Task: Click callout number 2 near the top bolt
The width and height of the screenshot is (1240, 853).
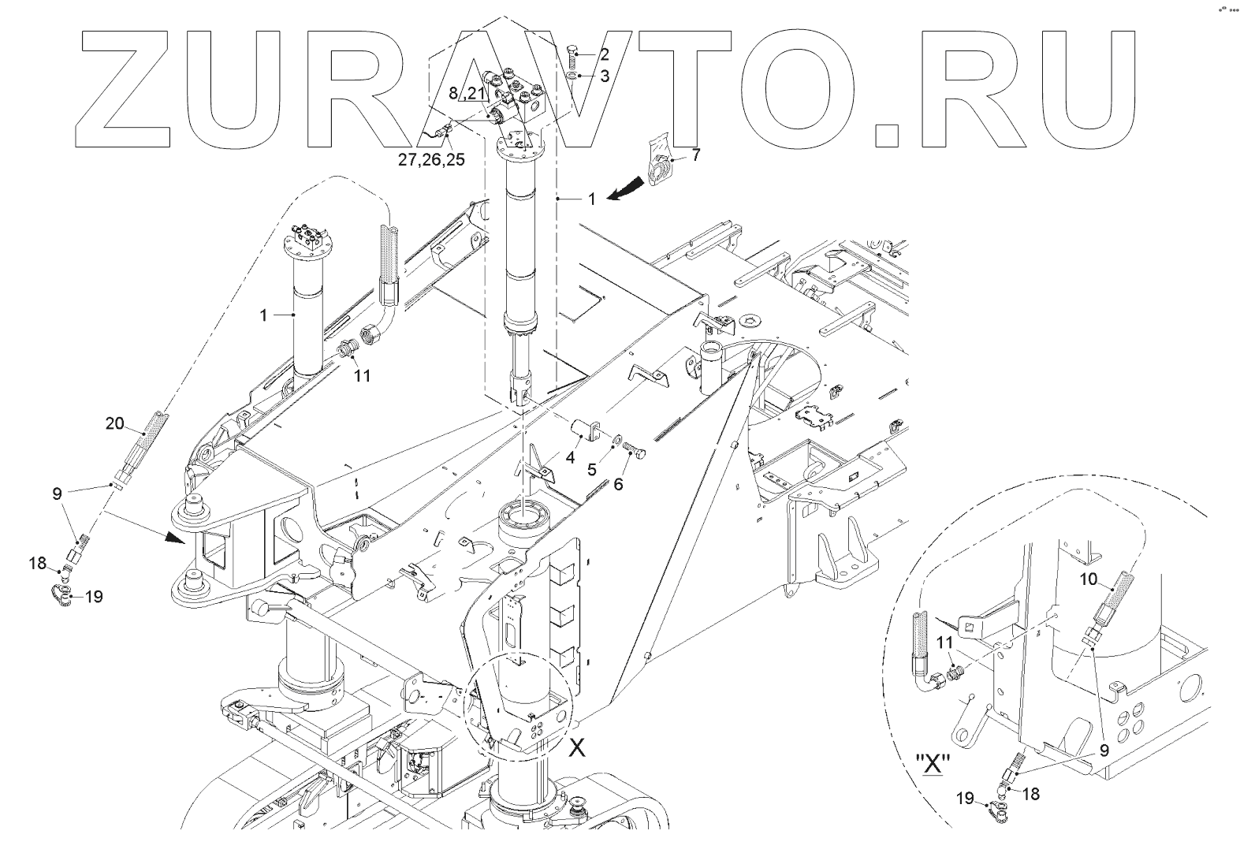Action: (605, 54)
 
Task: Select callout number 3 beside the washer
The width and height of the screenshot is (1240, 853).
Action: (605, 76)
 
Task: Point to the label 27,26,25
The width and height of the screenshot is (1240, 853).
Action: (431, 159)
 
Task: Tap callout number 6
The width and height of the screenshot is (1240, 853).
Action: (618, 483)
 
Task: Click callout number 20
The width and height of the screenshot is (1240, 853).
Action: (115, 424)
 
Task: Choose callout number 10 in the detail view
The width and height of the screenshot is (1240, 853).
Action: (1088, 580)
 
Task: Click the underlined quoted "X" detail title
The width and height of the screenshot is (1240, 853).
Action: (933, 765)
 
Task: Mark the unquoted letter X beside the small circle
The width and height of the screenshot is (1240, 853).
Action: (578, 748)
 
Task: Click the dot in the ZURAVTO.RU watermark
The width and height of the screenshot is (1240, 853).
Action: (888, 135)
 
